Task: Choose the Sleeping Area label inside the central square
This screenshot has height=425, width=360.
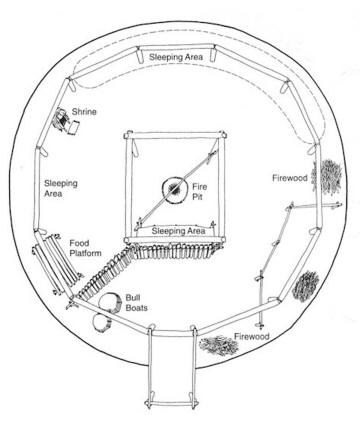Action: coord(178,230)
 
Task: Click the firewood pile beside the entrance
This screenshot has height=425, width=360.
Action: coord(222,347)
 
